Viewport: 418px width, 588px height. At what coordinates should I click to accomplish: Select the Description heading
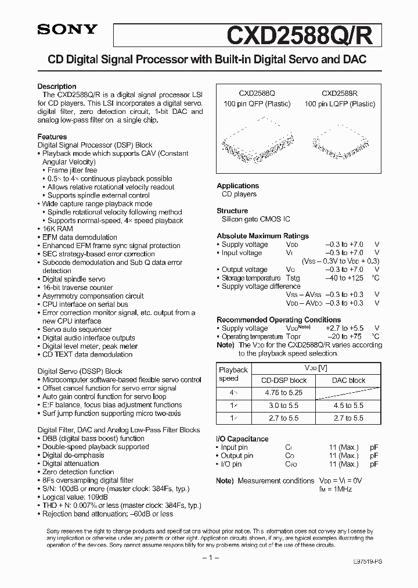coord(57,87)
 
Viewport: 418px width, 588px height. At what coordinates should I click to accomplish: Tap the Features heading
coord(52,137)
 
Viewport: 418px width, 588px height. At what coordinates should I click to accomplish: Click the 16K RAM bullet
coord(55,229)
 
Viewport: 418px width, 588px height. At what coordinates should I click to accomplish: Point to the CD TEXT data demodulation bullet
coord(87,354)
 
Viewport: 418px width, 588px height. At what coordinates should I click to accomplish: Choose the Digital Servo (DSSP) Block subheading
coord(80,371)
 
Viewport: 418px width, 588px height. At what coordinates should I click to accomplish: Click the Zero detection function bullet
coord(78,472)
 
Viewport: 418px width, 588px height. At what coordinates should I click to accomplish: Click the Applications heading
coord(237,186)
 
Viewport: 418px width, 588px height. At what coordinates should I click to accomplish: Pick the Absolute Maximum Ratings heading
coord(262,236)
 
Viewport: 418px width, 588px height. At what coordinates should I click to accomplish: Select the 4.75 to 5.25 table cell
coord(283,393)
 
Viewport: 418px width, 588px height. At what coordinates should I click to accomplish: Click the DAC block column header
coord(348,380)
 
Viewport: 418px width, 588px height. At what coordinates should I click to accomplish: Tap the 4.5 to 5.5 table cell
coord(348,406)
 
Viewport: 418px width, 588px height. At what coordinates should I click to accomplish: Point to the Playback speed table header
coord(233,374)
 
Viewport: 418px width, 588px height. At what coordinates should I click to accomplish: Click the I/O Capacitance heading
coord(242,439)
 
